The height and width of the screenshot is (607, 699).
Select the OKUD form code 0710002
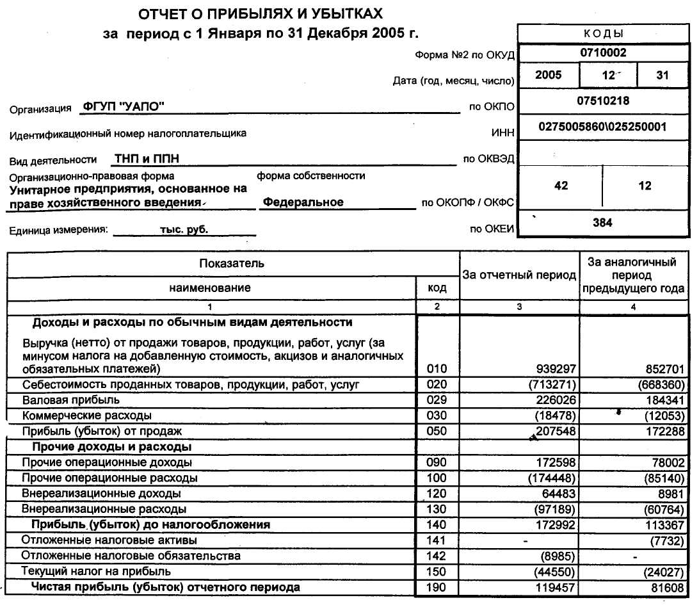click(x=603, y=53)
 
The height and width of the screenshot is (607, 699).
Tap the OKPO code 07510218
click(x=603, y=101)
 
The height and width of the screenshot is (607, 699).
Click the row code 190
click(x=437, y=587)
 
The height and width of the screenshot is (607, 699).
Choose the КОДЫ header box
click(x=603, y=34)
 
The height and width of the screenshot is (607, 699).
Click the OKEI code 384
click(x=602, y=223)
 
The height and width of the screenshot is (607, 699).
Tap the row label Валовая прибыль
click(x=71, y=400)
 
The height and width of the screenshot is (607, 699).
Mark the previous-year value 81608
click(x=665, y=587)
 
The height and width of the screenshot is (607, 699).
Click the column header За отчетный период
click(x=519, y=275)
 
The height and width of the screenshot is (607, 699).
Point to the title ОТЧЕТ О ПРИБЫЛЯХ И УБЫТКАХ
click(x=262, y=13)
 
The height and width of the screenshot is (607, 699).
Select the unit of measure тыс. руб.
click(x=184, y=229)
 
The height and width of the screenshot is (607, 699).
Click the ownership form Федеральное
click(x=303, y=202)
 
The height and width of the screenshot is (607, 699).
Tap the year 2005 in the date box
click(x=548, y=75)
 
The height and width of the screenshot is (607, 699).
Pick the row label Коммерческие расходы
click(x=87, y=416)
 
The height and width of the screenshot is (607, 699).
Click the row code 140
click(x=437, y=525)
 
